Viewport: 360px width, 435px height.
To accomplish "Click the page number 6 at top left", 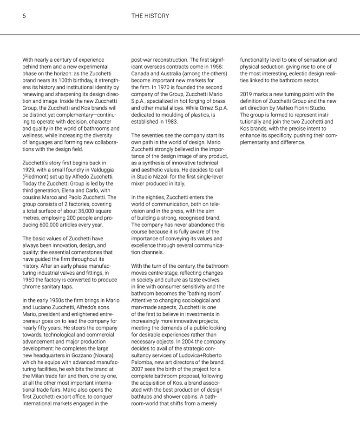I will [x=24, y=16].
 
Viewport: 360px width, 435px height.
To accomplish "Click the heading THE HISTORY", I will [x=150, y=16].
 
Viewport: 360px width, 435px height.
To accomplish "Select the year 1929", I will [x=29, y=170].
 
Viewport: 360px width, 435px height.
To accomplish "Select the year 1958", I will [x=216, y=66].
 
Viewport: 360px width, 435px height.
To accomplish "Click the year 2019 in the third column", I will [x=247, y=94].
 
